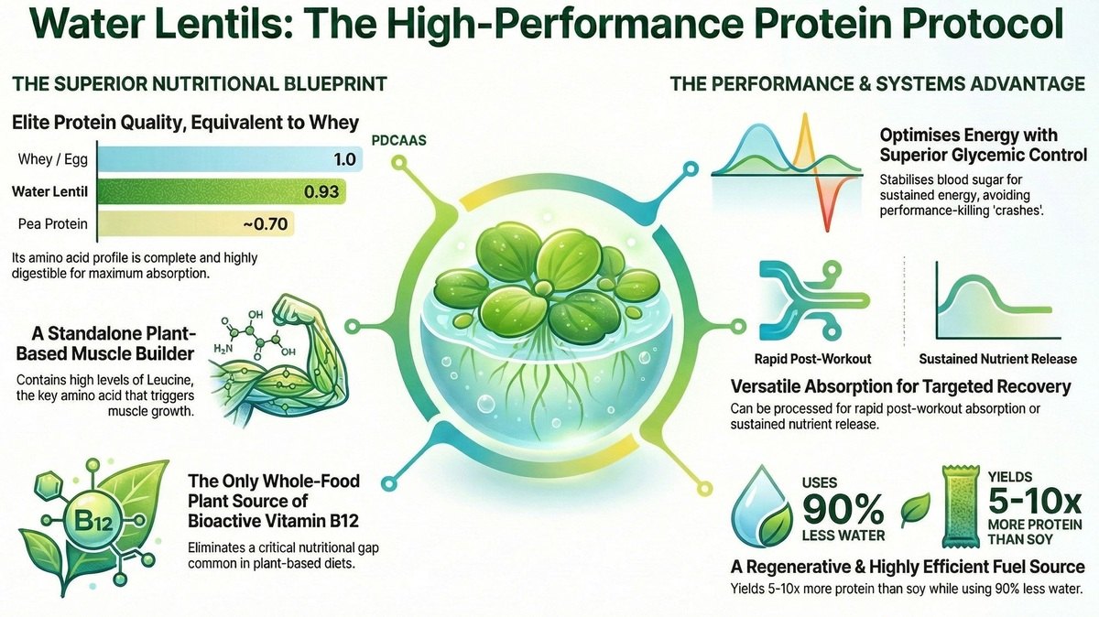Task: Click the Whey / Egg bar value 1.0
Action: pyautogui.click(x=343, y=159)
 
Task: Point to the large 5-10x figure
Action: pyautogui.click(x=1036, y=503)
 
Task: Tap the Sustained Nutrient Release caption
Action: pyautogui.click(x=998, y=359)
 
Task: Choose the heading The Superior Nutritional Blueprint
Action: pyautogui.click(x=199, y=84)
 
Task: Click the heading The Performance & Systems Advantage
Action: pyautogui.click(x=877, y=84)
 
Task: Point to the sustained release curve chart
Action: pyautogui.click(x=996, y=302)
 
